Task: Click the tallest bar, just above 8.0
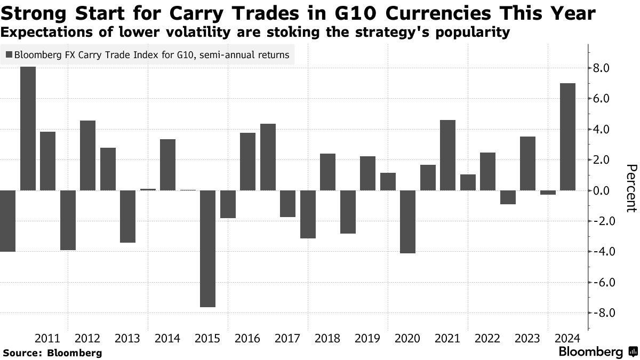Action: click(28, 128)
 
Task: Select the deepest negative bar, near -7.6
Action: click(208, 249)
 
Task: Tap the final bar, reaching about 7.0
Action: click(568, 137)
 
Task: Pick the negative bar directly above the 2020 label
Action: click(408, 221)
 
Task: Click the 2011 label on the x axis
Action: click(47, 338)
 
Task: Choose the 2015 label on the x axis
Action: click(207, 338)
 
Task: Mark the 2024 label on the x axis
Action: click(568, 338)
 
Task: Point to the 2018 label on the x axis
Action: click(328, 338)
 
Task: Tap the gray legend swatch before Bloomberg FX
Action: click(9, 54)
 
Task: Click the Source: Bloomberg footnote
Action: click(52, 353)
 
